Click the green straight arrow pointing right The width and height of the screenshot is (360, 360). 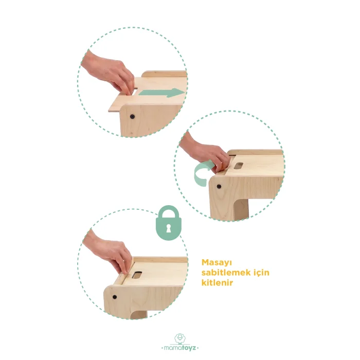[x=161, y=93]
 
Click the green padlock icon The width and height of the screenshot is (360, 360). [x=169, y=223]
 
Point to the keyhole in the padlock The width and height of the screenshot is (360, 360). [x=169, y=228]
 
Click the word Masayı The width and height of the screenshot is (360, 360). [x=217, y=263]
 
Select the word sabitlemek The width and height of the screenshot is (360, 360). [x=226, y=273]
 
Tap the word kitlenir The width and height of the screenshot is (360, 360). [x=217, y=282]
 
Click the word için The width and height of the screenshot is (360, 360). [x=261, y=273]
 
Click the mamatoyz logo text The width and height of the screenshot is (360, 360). [x=180, y=348]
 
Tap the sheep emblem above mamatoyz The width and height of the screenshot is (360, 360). [x=180, y=338]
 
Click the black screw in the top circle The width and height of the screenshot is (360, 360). [x=132, y=117]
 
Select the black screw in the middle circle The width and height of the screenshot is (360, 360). [x=219, y=186]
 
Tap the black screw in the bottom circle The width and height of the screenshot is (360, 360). [x=115, y=297]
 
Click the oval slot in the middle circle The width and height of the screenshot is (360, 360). [x=239, y=166]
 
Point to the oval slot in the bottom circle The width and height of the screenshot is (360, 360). [x=137, y=275]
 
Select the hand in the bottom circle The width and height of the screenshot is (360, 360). [x=108, y=251]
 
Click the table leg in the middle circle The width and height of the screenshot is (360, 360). [x=241, y=208]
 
